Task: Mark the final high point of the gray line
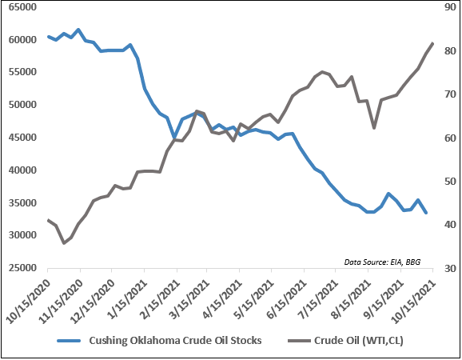tap(432, 43)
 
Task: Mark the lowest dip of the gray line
tap(64, 242)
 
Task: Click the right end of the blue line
tap(425, 213)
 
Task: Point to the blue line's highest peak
tap(78, 30)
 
